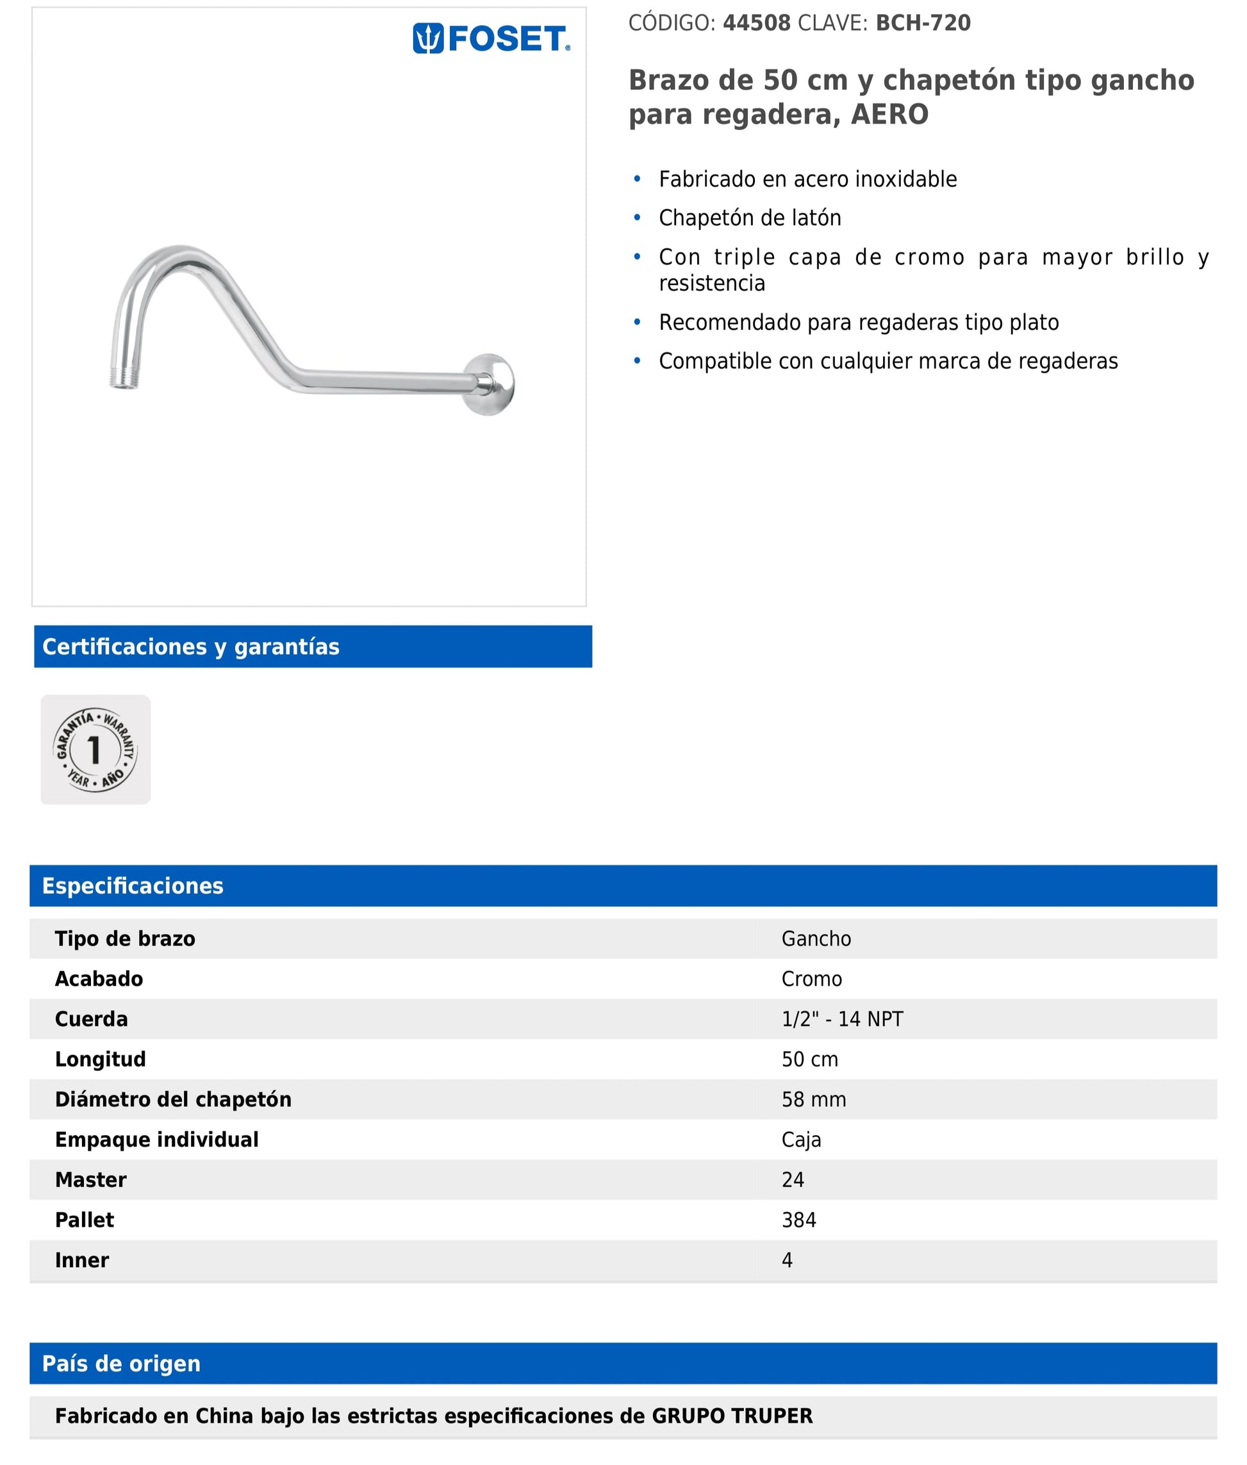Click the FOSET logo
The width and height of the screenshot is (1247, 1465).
pos(491,39)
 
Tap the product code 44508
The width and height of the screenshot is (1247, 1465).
pos(756,23)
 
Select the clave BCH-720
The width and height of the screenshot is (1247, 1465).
pos(923,23)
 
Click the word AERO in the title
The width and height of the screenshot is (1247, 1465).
pos(889,115)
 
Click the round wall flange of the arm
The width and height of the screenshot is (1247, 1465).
pos(490,384)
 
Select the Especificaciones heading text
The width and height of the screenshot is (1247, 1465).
pos(132,885)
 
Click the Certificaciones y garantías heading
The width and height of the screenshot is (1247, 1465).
pos(191,646)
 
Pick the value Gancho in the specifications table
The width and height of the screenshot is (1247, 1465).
pos(816,938)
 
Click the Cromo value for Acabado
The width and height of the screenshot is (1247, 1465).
pos(811,979)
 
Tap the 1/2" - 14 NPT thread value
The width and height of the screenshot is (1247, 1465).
pos(842,1019)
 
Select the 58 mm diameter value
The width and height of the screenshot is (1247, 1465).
pos(813,1100)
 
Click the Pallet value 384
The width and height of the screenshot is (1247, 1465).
pos(798,1220)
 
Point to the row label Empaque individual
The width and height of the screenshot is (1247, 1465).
pos(156,1140)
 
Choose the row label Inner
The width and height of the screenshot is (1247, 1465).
pos(82,1260)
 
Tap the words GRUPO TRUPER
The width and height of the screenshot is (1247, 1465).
pos(732,1416)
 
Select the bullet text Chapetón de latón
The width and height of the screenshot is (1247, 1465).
pos(749,218)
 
